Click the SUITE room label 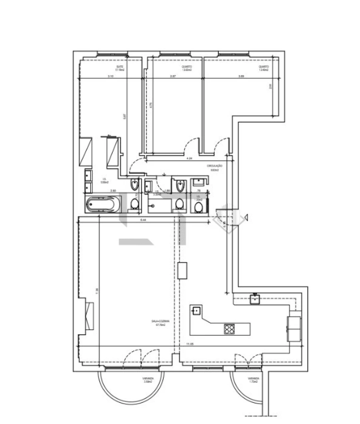pos(120,68)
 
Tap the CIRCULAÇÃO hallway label pos(214,167)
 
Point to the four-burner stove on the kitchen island pos(230,329)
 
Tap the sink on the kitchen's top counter pos(254,298)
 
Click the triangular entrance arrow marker pos(248,217)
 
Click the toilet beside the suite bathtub pos(135,205)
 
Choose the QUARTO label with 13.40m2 pos(263,68)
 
